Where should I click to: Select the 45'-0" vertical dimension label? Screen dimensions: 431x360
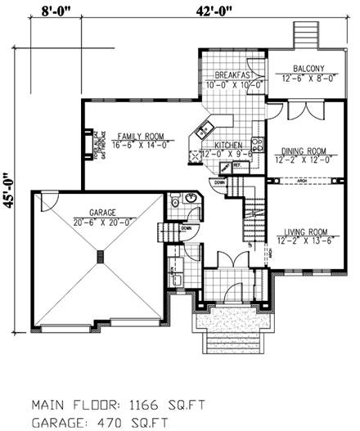click(x=11, y=190)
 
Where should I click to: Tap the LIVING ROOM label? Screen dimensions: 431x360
click(x=304, y=231)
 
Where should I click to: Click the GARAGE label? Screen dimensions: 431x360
click(x=101, y=210)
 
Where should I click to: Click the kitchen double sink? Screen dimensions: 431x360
click(x=203, y=128)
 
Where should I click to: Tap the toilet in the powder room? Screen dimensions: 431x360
click(x=174, y=202)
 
